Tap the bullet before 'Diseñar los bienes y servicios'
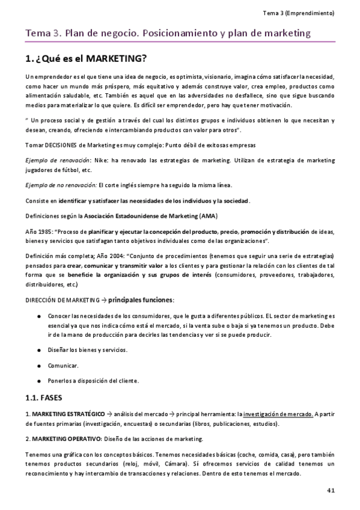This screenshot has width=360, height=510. (x=39, y=349)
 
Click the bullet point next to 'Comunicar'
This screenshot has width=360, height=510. (x=39, y=365)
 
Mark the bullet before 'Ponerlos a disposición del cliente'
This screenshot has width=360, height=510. (x=39, y=380)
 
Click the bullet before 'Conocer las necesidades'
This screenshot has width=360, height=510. (x=39, y=315)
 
